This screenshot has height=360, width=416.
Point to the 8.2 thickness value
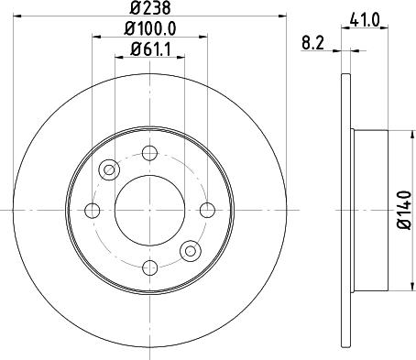[313, 41]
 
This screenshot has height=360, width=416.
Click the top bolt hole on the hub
[148, 154]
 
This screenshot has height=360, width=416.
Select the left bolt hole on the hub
[91, 211]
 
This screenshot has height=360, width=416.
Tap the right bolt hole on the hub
[206, 211]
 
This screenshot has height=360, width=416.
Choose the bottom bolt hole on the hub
[148, 267]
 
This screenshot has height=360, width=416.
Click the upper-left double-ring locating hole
[109, 169]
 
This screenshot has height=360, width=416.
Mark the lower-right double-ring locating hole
[190, 250]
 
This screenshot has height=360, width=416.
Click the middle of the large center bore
[148, 211]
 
